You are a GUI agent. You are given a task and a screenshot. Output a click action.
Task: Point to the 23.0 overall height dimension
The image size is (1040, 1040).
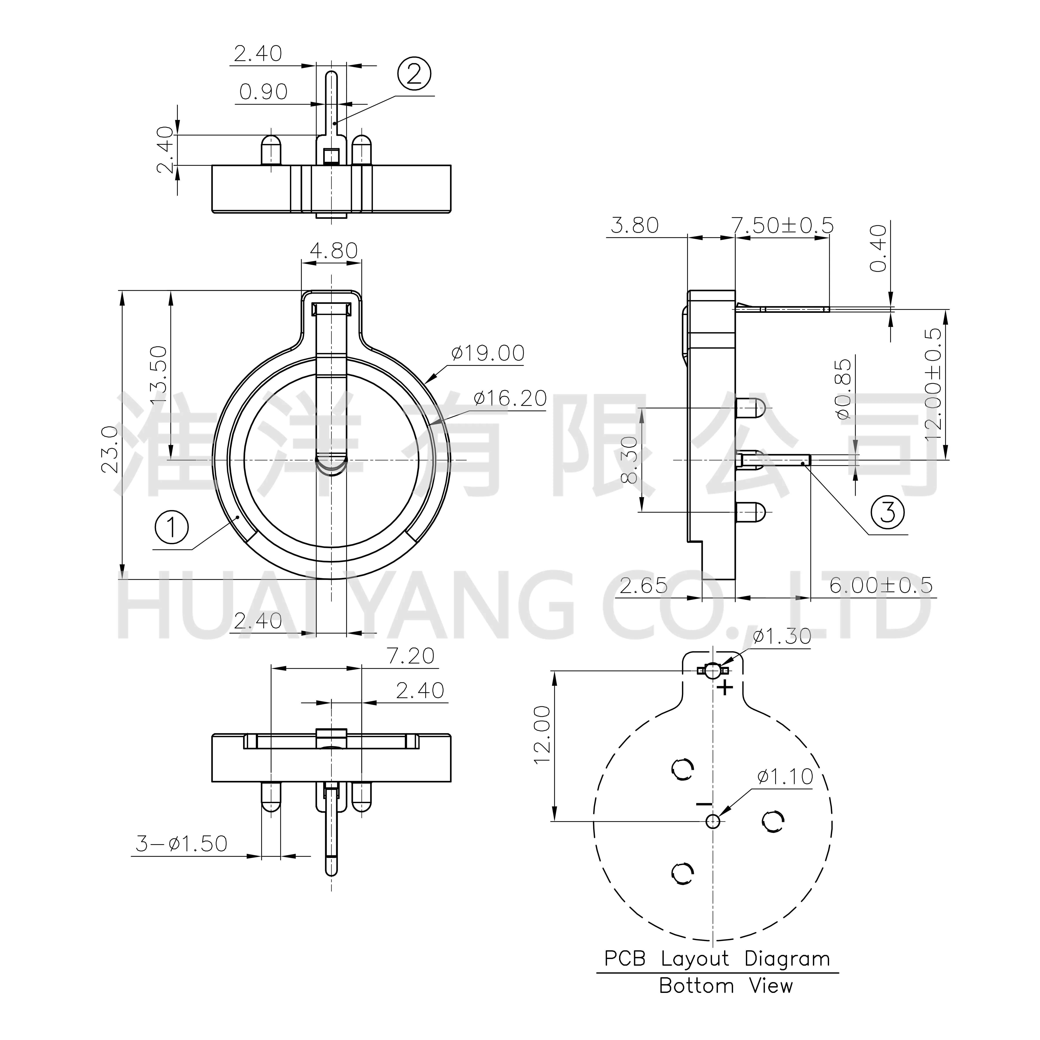click(x=110, y=449)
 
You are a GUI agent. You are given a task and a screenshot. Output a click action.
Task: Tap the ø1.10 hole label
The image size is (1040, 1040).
click(x=785, y=777)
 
